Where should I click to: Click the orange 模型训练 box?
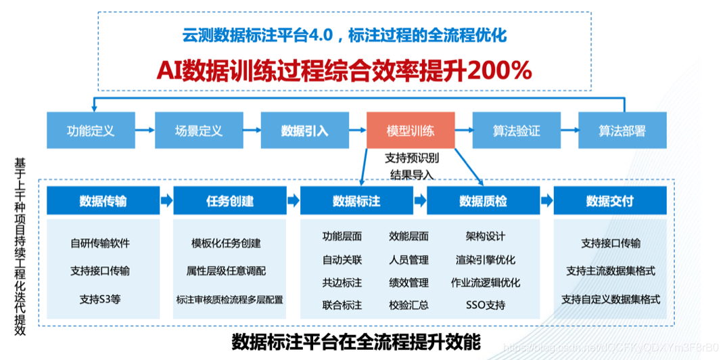pos(411,131)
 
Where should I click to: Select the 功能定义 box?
pos(91,131)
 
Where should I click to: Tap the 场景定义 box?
pos(198,131)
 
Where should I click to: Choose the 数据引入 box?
pos(305,131)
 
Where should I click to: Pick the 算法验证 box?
pos(517,131)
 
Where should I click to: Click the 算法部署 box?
pos(622,131)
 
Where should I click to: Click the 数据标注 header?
pos(356,201)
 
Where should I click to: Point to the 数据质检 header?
pos(483,201)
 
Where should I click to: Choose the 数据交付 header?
pos(610,201)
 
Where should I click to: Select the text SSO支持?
pos(486,305)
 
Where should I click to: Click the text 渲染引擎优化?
pos(486,259)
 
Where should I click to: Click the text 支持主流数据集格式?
pos(611,271)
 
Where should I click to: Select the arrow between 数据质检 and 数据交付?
pos(546,201)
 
